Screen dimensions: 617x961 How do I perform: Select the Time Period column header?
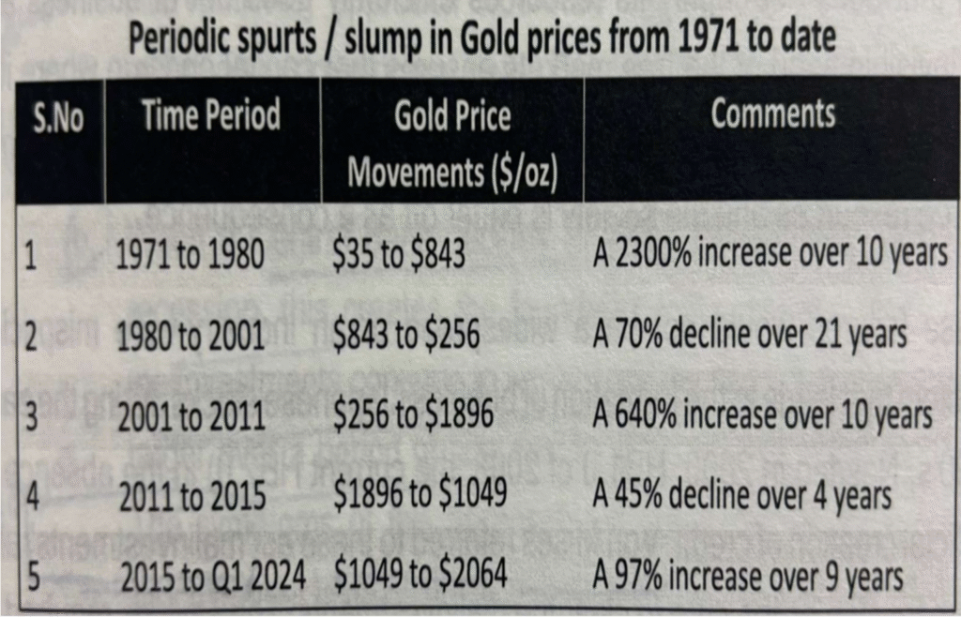point(211,116)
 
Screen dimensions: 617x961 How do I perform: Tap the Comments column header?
point(772,113)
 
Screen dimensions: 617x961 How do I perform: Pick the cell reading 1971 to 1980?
point(191,256)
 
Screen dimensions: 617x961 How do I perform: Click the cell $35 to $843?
point(399,254)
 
